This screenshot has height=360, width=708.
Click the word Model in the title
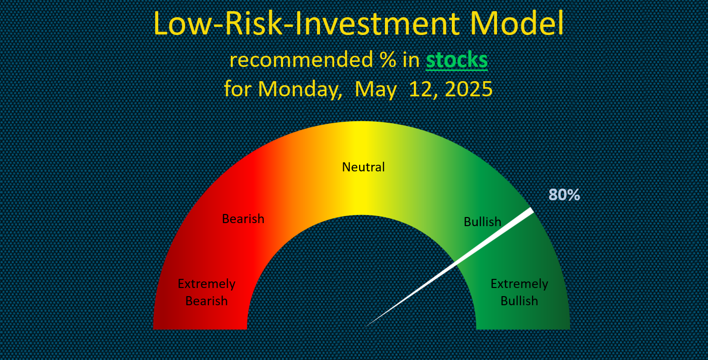pyautogui.click(x=517, y=24)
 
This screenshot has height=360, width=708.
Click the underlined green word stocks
pyautogui.click(x=457, y=59)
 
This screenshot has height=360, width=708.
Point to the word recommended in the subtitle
pyautogui.click(x=301, y=59)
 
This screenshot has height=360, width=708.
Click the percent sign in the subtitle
pyautogui.click(x=388, y=59)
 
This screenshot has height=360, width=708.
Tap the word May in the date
pyautogui.click(x=375, y=90)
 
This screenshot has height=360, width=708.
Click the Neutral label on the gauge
pyautogui.click(x=364, y=167)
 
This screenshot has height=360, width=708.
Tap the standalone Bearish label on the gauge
pyautogui.click(x=243, y=219)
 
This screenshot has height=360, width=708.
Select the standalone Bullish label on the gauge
pyautogui.click(x=482, y=222)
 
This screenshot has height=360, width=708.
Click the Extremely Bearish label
pyautogui.click(x=206, y=293)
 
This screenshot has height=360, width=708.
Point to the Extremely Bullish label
pyautogui.click(x=519, y=293)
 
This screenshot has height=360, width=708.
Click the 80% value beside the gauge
pyautogui.click(x=564, y=195)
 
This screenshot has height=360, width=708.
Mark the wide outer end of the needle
pyautogui.click(x=532, y=210)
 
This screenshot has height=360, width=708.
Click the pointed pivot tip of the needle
pyautogui.click(x=365, y=327)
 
